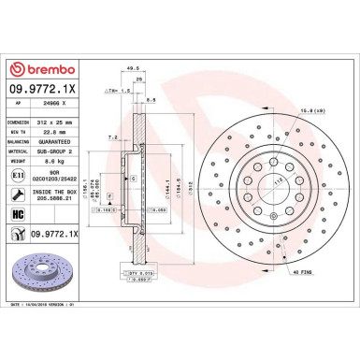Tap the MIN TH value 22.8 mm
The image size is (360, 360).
click(x=59, y=132)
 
